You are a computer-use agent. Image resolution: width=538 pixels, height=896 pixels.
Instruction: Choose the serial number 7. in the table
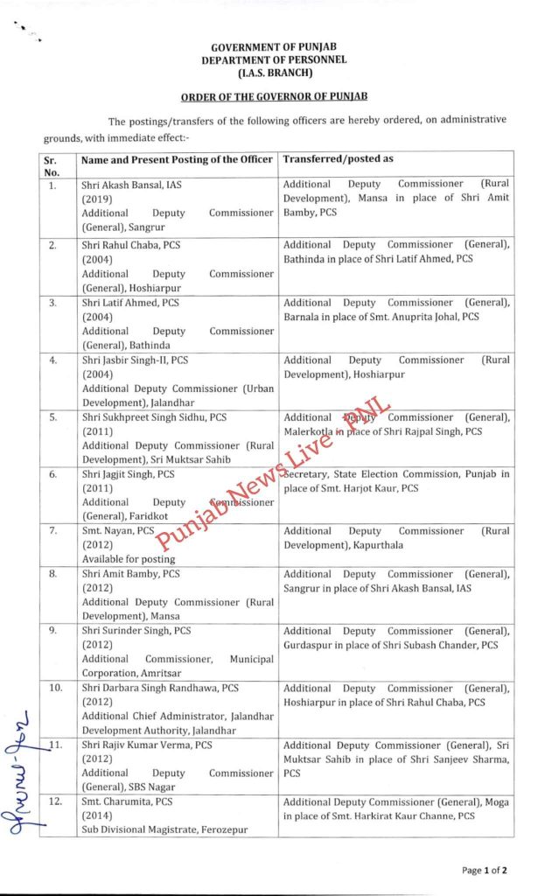(53, 531)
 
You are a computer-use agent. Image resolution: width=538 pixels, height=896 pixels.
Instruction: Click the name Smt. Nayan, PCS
(118, 531)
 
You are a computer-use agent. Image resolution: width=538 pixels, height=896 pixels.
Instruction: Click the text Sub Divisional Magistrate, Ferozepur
(164, 829)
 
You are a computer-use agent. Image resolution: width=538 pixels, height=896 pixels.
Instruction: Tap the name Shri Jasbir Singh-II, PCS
(131, 360)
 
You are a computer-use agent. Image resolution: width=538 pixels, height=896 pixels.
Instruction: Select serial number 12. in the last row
(55, 801)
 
